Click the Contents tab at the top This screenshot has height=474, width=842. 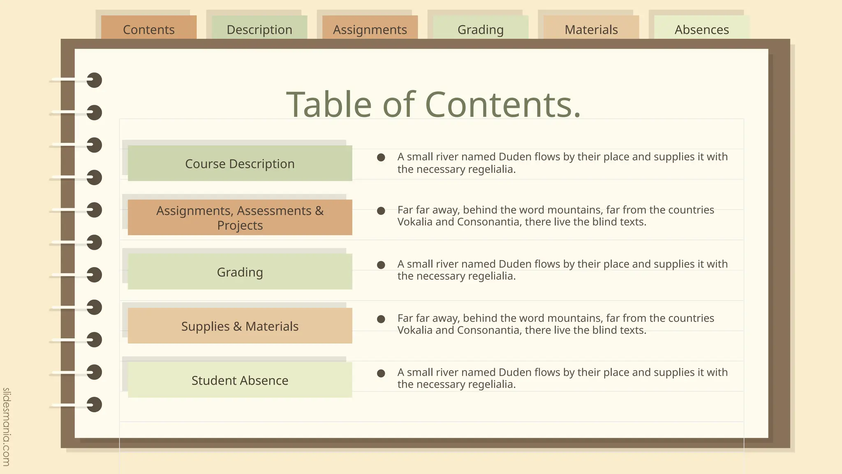pyautogui.click(x=149, y=29)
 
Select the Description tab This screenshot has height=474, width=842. pyautogui.click(x=259, y=29)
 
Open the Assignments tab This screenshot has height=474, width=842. pyautogui.click(x=370, y=29)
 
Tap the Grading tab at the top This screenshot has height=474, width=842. pyautogui.click(x=481, y=29)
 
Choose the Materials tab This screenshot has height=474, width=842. pyautogui.click(x=591, y=29)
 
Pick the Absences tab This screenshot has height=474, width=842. pyautogui.click(x=702, y=29)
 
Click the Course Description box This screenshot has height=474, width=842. pyautogui.click(x=240, y=163)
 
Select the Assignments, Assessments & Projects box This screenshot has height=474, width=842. pyautogui.click(x=240, y=218)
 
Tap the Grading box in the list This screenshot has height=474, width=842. pyautogui.click(x=240, y=272)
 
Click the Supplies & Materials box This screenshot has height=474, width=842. pyautogui.click(x=240, y=326)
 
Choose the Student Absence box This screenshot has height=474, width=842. pyautogui.click(x=240, y=380)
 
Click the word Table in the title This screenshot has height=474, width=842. pyautogui.click(x=328, y=105)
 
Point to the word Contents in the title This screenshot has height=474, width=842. pyautogui.click(x=502, y=105)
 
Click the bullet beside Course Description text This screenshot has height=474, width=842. pyautogui.click(x=381, y=157)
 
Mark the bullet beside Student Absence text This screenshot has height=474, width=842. pyautogui.click(x=381, y=373)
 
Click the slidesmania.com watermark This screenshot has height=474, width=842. pyautogui.click(x=7, y=427)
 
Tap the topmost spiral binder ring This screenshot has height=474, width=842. pyautogui.click(x=94, y=80)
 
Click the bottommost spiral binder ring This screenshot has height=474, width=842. pyautogui.click(x=94, y=404)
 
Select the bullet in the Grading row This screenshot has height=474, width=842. pyautogui.click(x=381, y=265)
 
